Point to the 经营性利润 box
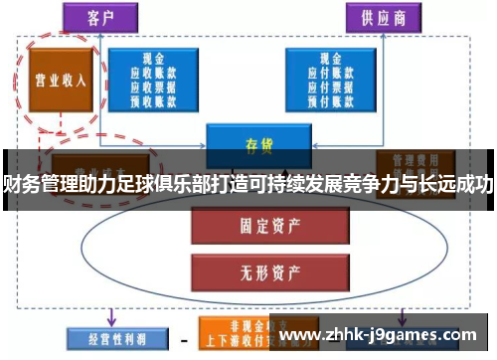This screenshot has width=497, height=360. (x=107, y=338)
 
